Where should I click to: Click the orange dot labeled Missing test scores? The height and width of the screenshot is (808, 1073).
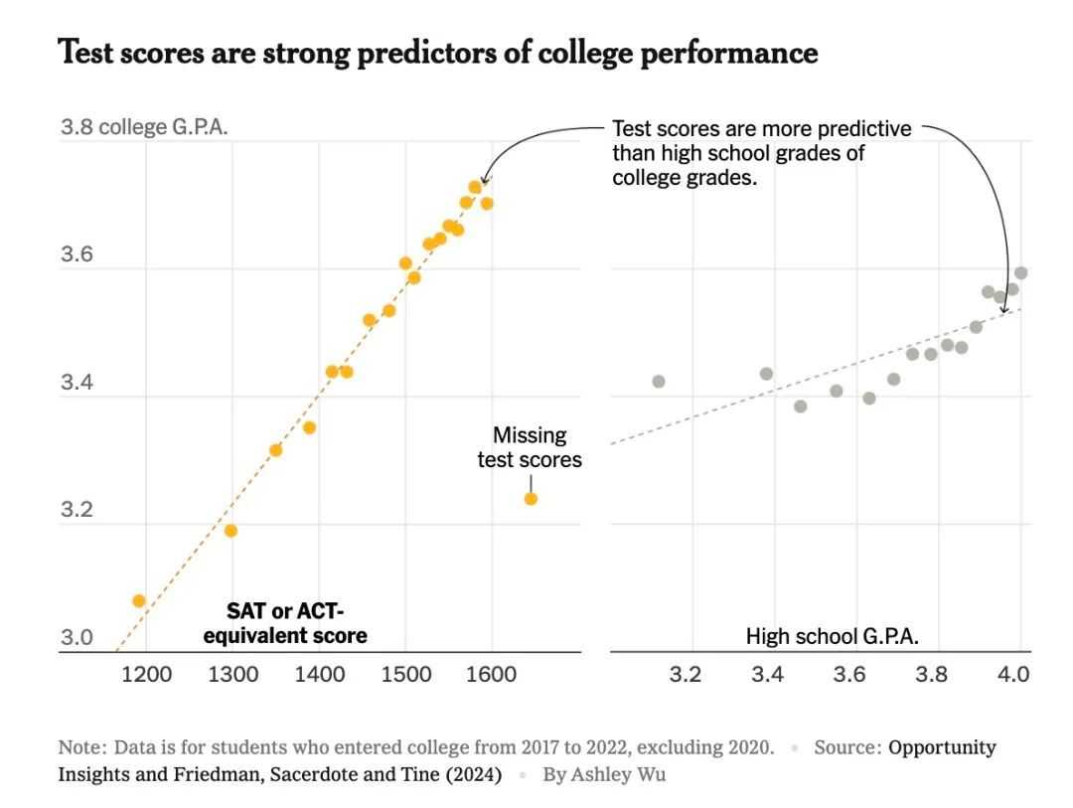click(531, 498)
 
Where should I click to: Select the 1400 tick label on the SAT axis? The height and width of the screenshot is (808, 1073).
click(319, 675)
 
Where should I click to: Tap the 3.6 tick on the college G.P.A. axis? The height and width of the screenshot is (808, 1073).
click(77, 255)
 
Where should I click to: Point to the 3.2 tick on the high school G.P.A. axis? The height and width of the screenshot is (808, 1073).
click(685, 675)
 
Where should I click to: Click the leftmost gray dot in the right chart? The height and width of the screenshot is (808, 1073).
click(658, 382)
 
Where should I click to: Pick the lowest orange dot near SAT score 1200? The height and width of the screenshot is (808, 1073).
click(139, 600)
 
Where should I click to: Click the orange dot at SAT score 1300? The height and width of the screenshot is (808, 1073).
click(230, 531)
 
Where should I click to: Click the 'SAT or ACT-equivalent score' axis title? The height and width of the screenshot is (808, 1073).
click(285, 623)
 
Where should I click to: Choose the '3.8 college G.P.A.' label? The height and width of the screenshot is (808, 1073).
click(145, 128)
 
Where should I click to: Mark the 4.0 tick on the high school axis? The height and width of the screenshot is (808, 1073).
click(1013, 675)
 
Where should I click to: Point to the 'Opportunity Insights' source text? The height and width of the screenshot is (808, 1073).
click(942, 747)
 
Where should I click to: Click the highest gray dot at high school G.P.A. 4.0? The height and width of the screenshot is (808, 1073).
click(1020, 272)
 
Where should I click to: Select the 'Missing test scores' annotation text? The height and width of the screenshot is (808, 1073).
click(530, 447)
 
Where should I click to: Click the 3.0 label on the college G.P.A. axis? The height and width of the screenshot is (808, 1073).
click(77, 637)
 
